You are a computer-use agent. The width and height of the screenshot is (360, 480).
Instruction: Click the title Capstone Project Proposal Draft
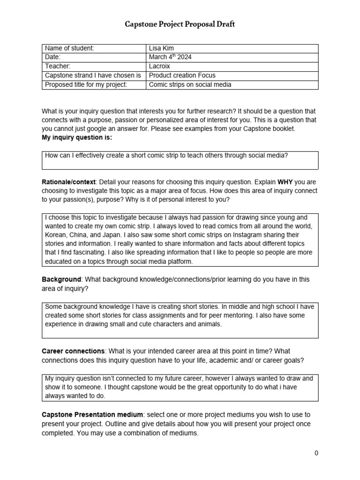[180, 24]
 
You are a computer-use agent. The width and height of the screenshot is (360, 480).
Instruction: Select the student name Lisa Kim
[161, 48]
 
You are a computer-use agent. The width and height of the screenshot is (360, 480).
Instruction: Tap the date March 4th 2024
[170, 57]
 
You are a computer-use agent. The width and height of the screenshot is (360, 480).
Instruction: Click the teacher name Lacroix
[160, 66]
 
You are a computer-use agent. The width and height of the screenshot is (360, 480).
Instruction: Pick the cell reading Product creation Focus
[182, 75]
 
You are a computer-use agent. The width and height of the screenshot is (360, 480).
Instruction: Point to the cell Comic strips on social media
[190, 85]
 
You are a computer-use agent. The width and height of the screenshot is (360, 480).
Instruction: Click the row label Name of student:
[69, 48]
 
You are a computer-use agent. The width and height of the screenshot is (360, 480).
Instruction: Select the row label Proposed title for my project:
[85, 85]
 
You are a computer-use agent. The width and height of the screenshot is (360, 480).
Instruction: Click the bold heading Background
[61, 279]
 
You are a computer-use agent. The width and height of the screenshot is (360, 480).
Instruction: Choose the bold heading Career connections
[73, 351]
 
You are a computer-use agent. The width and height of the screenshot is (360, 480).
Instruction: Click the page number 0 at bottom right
[316, 453]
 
